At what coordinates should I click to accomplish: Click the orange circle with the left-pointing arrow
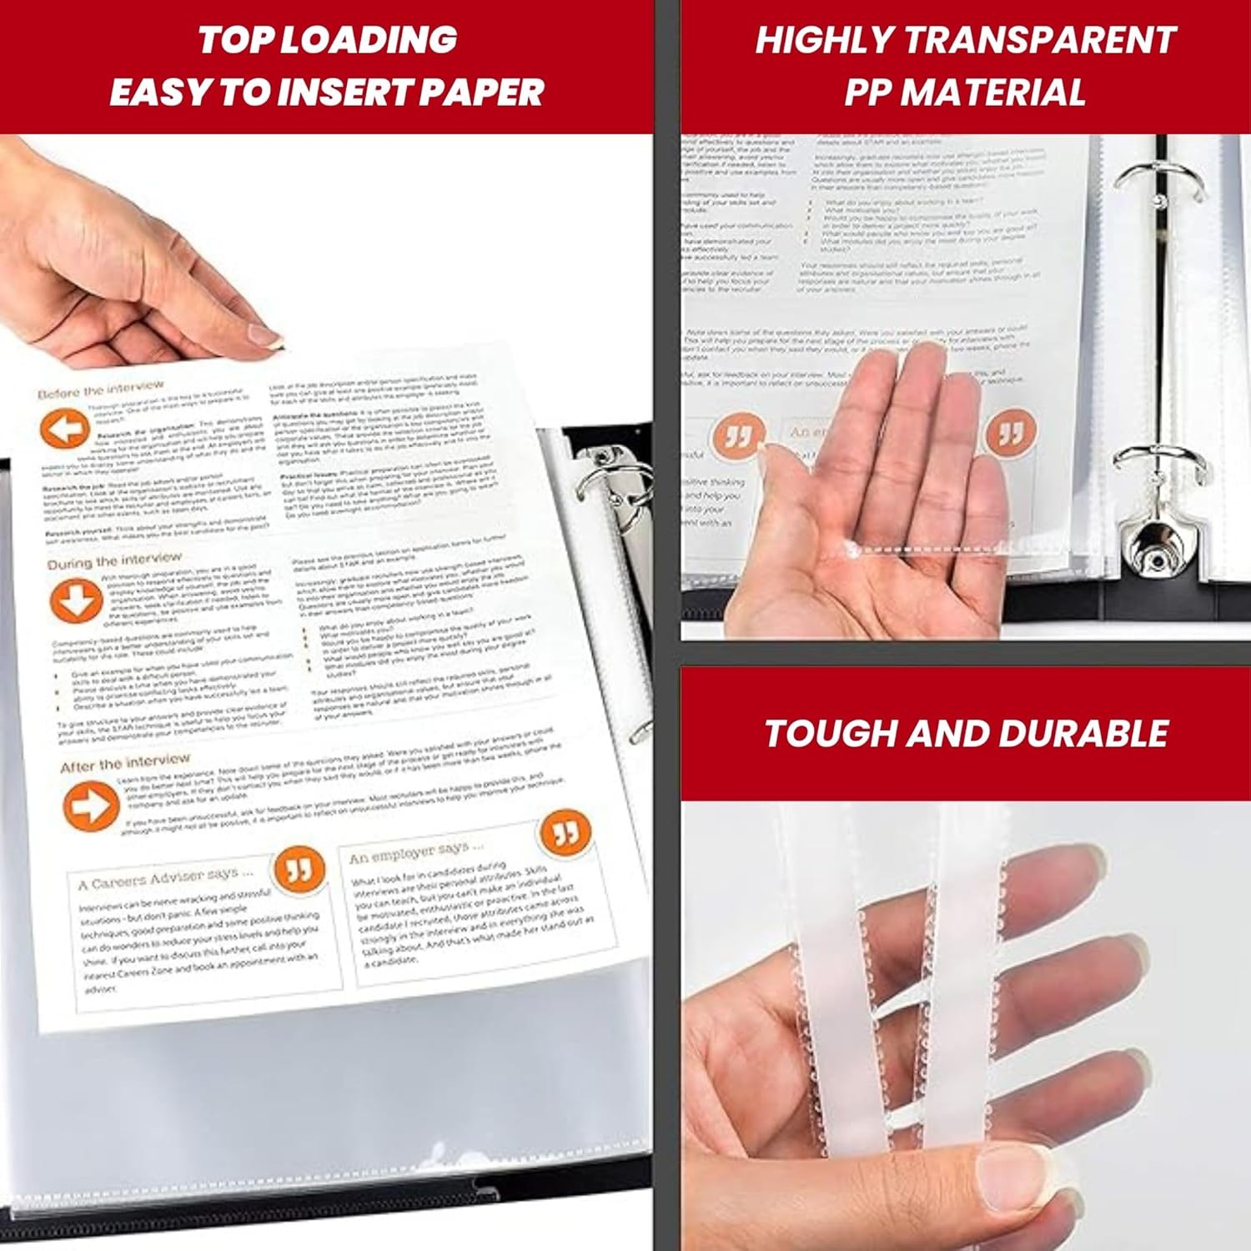(64, 430)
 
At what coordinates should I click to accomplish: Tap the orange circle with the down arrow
(76, 600)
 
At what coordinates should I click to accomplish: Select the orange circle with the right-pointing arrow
(90, 806)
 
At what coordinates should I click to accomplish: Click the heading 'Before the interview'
(101, 389)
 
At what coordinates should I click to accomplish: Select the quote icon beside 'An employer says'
(565, 832)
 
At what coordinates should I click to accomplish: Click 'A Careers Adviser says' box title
(165, 878)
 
